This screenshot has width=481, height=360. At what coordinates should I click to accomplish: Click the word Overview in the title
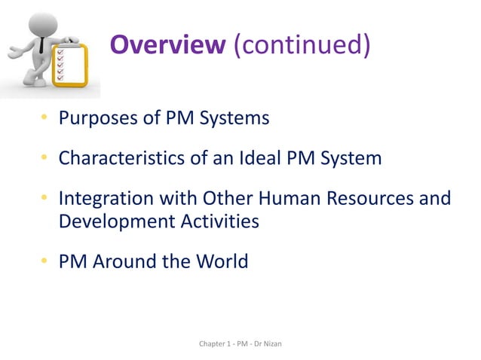(167, 45)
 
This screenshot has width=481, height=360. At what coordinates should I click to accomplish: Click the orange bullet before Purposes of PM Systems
(45, 118)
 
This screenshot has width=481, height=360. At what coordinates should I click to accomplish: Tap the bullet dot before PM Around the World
(45, 262)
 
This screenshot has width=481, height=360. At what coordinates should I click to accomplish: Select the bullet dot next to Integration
(45, 199)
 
